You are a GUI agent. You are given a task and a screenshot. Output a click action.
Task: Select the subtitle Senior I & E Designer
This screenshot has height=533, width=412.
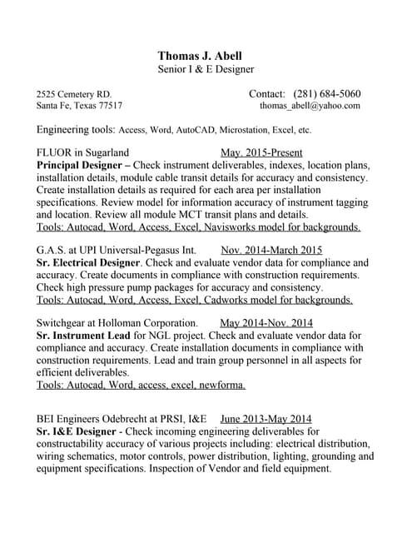pyautogui.click(x=206, y=70)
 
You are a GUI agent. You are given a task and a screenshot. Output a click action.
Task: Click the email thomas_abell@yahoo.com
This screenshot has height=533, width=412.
pyautogui.click(x=310, y=107)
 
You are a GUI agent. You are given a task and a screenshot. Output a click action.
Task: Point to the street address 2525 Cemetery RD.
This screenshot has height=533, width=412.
pyautogui.click(x=74, y=94)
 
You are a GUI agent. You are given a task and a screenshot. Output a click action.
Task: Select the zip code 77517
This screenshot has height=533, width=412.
pyautogui.click(x=111, y=107)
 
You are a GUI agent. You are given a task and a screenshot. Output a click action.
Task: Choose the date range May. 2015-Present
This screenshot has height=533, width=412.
pyautogui.click(x=261, y=152)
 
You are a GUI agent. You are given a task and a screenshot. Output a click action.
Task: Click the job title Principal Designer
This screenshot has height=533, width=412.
pyautogui.click(x=80, y=165)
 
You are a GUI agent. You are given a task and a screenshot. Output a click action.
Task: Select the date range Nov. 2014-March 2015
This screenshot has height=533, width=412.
pyautogui.click(x=271, y=250)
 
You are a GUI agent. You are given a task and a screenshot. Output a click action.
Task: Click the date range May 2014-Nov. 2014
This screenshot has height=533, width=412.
pyautogui.click(x=266, y=323)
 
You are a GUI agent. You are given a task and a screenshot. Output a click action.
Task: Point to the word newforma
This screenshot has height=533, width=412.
pyautogui.click(x=219, y=385)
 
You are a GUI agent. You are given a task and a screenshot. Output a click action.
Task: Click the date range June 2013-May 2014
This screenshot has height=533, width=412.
pyautogui.click(x=266, y=420)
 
